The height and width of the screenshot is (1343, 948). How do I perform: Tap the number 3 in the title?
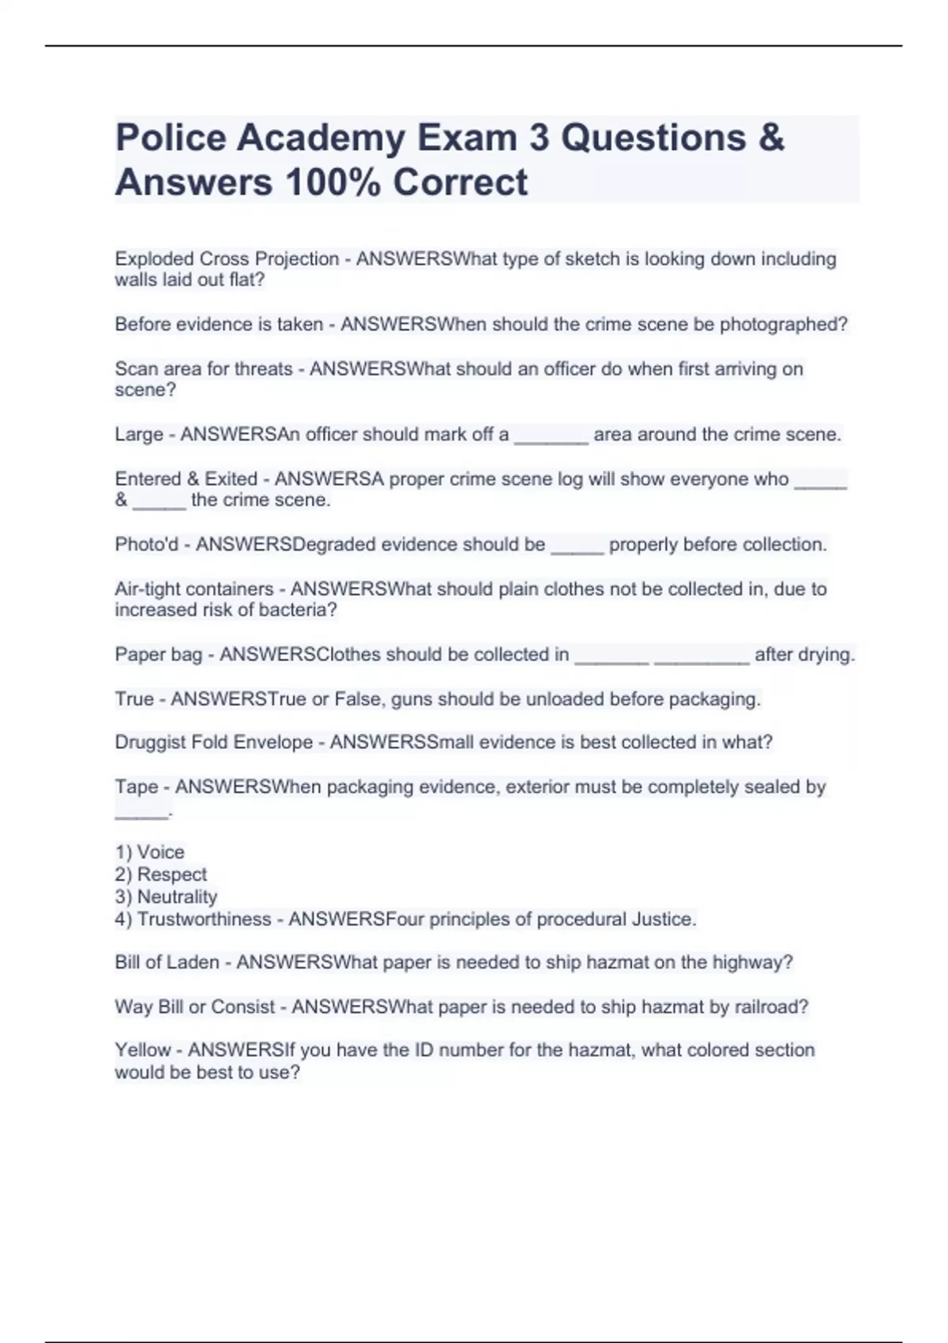539,138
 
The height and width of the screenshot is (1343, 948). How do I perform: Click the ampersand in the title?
771,138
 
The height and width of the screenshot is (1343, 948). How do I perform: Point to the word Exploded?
154,259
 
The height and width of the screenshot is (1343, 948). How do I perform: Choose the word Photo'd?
147,544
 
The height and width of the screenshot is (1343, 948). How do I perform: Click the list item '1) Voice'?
150,852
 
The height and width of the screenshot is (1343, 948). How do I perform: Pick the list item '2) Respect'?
161,875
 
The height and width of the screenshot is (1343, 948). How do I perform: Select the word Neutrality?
177,897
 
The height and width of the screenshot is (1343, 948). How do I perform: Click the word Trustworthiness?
204,920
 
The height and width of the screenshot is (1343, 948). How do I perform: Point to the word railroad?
768,1007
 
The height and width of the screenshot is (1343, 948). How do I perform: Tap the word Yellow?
143,1050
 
